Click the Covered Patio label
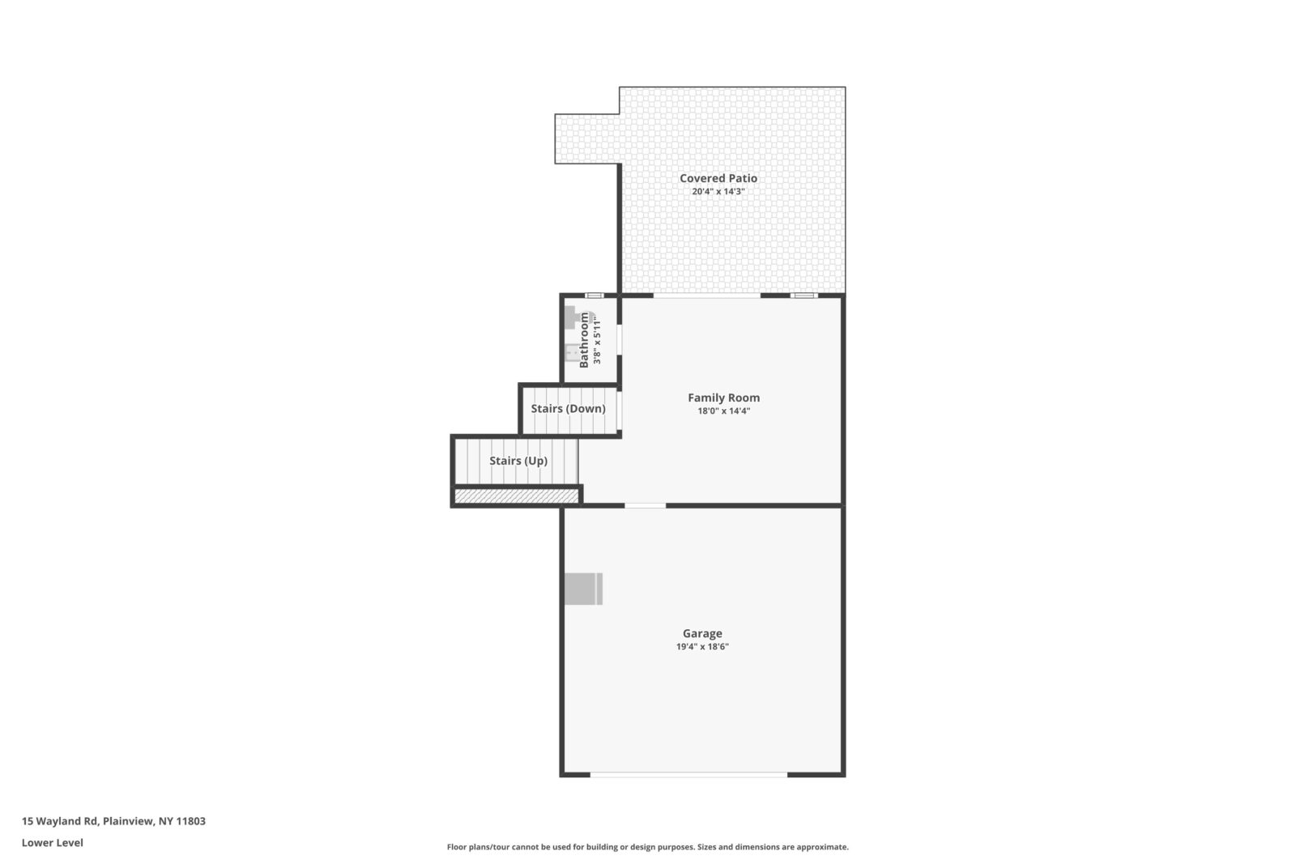(x=718, y=178)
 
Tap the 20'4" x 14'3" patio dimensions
(x=718, y=192)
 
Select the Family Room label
(x=723, y=398)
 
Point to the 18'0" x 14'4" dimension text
(x=723, y=411)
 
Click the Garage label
(x=701, y=633)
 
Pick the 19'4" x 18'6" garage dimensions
(x=701, y=647)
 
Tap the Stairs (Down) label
(x=568, y=408)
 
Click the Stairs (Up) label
(x=518, y=461)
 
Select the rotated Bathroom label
(x=584, y=340)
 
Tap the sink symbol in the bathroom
(x=571, y=353)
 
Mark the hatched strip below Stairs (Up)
(x=516, y=496)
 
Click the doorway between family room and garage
(x=645, y=505)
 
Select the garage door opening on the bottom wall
(x=688, y=775)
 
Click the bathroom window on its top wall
(x=594, y=296)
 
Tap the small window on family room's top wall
(x=804, y=296)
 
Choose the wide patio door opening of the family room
(x=706, y=296)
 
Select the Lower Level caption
(x=52, y=842)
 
